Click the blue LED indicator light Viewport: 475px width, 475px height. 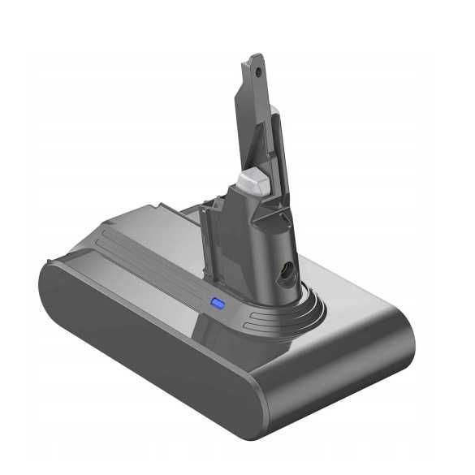tap(218, 304)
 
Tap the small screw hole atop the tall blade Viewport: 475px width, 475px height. tap(259, 71)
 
